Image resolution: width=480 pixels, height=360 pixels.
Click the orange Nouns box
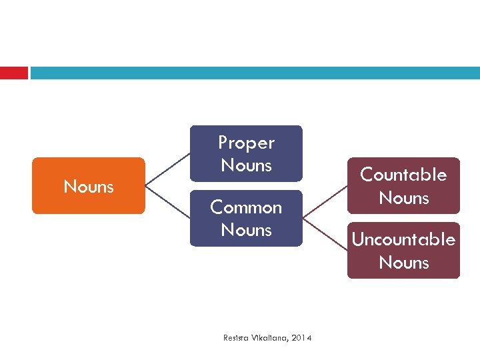[x=88, y=186]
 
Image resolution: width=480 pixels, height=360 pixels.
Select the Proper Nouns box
[x=246, y=153]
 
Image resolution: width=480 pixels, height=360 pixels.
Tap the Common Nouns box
[x=246, y=218]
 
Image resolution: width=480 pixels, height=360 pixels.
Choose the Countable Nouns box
[x=403, y=185]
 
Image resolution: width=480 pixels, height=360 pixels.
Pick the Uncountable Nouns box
[x=403, y=250]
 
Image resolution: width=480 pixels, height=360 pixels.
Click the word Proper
[x=246, y=143]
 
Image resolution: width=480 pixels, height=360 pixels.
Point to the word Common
[x=246, y=207]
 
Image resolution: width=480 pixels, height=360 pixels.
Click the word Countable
[x=403, y=175]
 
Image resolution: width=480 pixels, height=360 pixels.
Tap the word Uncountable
[x=403, y=239]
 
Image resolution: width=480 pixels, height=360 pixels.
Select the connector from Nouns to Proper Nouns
[x=167, y=169]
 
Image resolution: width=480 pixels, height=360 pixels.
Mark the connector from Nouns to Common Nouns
[x=167, y=202]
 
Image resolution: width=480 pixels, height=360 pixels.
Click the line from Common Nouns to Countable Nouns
[x=325, y=202]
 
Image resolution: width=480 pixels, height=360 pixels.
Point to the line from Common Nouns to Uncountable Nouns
[x=325, y=234]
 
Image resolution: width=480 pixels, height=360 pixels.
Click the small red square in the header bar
[x=13, y=73]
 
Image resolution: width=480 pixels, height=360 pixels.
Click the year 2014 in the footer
[x=301, y=338]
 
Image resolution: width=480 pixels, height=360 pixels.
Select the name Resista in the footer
[x=235, y=338]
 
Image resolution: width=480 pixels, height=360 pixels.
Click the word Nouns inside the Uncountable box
[x=403, y=262]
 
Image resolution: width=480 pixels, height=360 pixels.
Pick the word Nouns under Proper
[x=246, y=165]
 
